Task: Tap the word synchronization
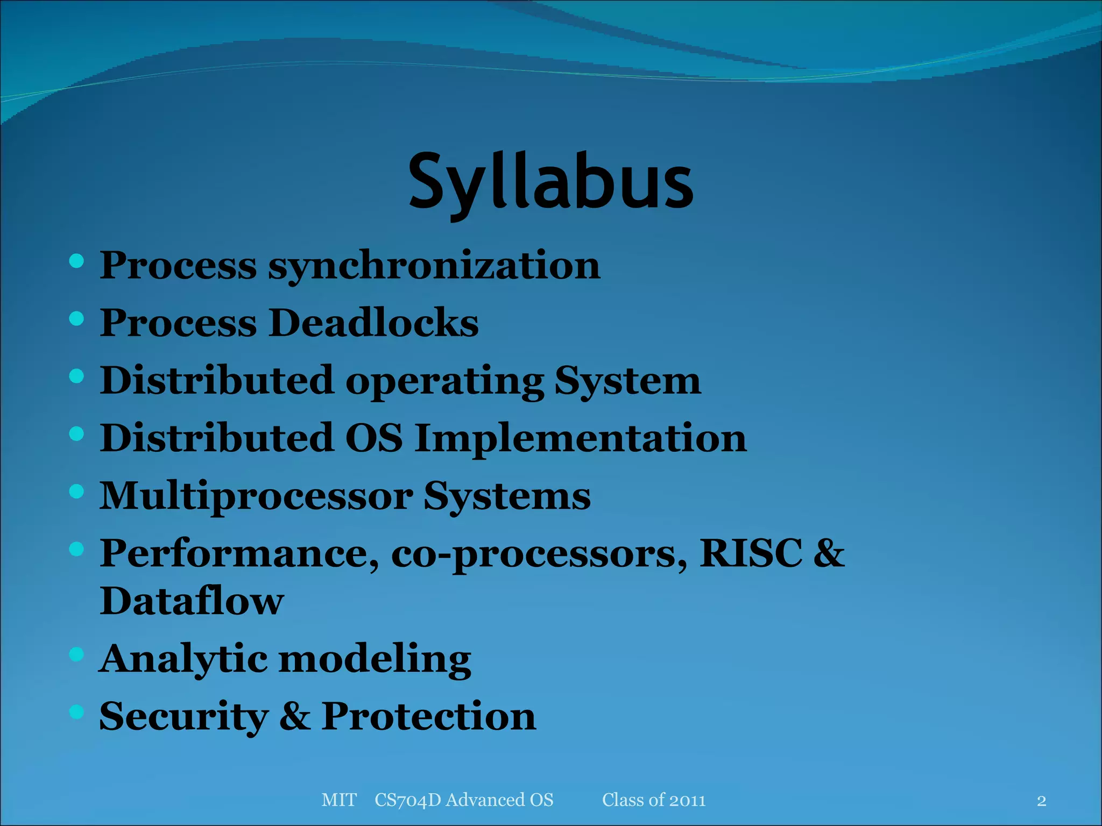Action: click(x=434, y=266)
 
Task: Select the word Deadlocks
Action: click(x=373, y=323)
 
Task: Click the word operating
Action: click(x=444, y=381)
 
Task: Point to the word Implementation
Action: click(x=581, y=438)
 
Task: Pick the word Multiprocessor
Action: click(x=256, y=496)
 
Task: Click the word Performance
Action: click(x=239, y=553)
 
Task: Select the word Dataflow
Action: click(x=192, y=601)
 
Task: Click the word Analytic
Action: click(x=183, y=658)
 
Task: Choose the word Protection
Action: click(x=428, y=716)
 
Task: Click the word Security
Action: click(x=184, y=716)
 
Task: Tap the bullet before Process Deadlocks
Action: click(x=77, y=319)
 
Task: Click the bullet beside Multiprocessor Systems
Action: click(x=77, y=492)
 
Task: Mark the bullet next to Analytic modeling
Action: click(x=77, y=654)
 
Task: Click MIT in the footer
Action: click(x=339, y=800)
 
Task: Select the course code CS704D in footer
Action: click(x=407, y=800)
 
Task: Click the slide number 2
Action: click(x=1041, y=801)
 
